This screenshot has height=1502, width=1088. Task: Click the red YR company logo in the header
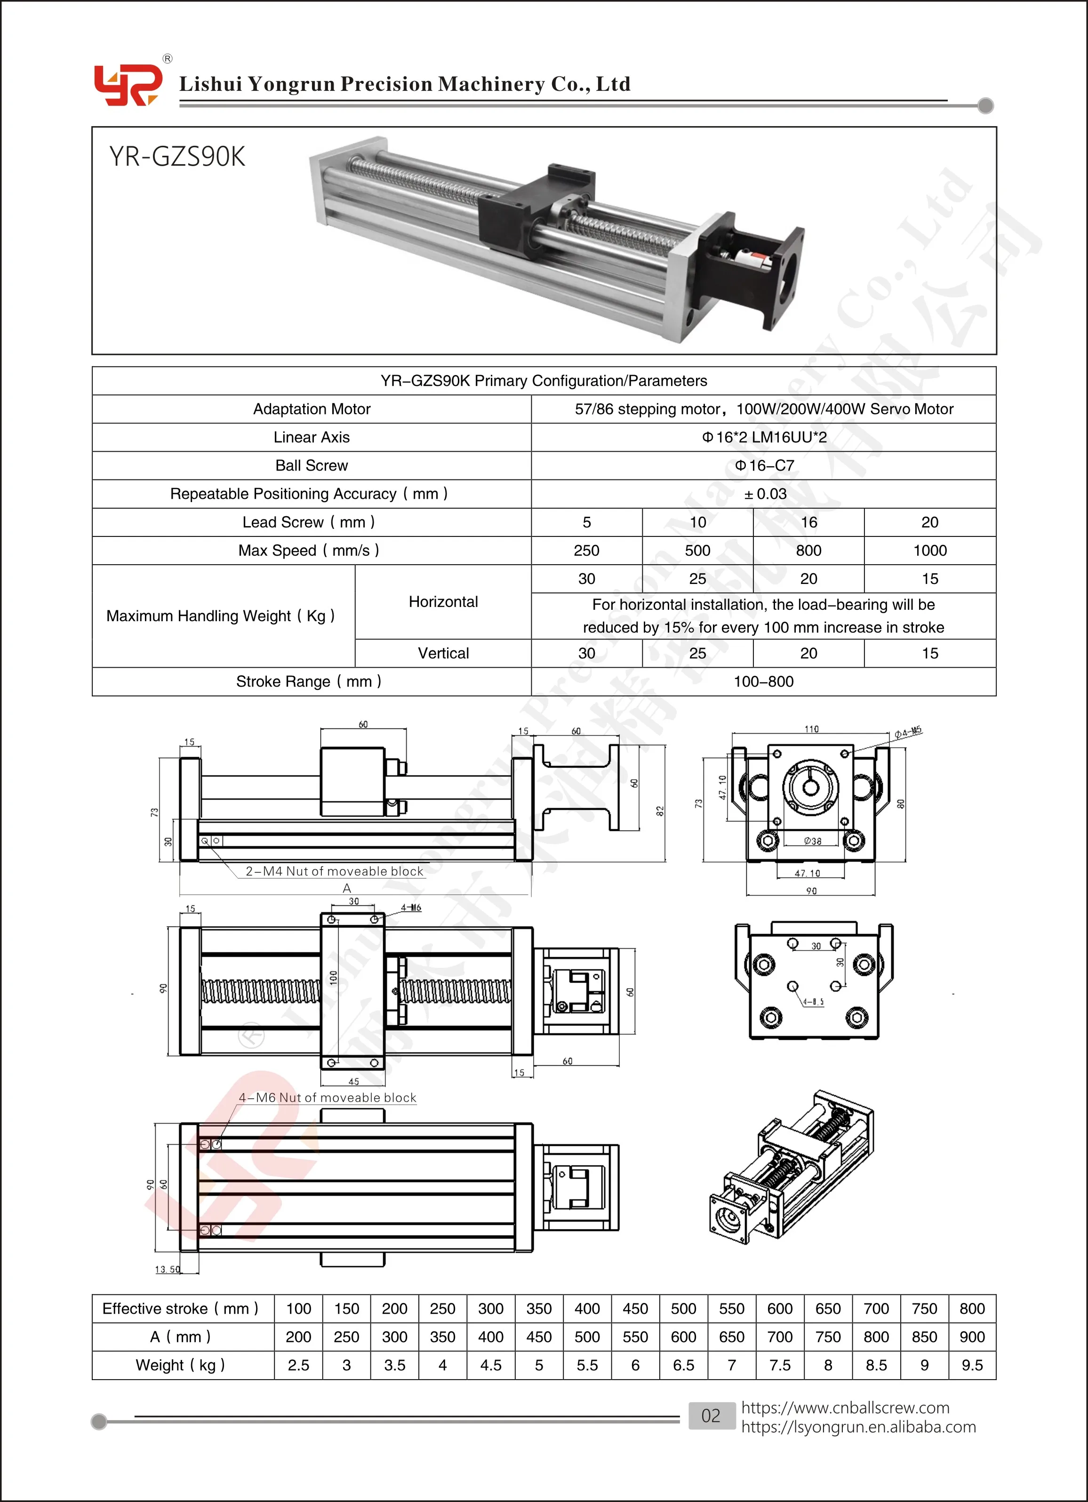(x=127, y=85)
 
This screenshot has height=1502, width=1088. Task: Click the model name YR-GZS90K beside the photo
(x=177, y=157)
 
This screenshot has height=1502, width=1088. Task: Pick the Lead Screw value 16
(x=808, y=522)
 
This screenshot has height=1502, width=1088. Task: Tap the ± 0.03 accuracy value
(x=764, y=494)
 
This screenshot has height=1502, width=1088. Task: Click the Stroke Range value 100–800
(x=763, y=681)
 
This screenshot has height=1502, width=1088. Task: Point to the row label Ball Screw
(x=311, y=465)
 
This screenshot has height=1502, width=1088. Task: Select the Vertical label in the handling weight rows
(x=443, y=654)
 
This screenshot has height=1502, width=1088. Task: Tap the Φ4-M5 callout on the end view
(x=907, y=732)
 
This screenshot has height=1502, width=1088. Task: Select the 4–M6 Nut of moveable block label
(x=327, y=1098)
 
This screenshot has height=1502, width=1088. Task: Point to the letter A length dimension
(x=346, y=888)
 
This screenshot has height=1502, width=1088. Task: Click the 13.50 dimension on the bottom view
(x=167, y=1270)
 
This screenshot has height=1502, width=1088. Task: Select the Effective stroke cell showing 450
(x=634, y=1309)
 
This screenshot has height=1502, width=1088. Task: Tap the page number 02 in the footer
(x=711, y=1416)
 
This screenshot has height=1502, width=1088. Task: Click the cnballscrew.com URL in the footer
(x=845, y=1407)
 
